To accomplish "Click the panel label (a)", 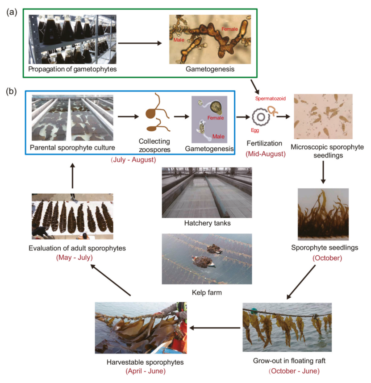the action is [12, 12].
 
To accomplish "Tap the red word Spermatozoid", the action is [271, 99].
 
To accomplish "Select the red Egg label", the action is [255, 130].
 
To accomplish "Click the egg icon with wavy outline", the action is [261, 117].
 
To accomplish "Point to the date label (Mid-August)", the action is [266, 154].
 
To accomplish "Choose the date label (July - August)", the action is [133, 160].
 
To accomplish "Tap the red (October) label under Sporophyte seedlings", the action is [327, 258].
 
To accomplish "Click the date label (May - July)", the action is [75, 258].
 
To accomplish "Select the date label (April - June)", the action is [146, 371].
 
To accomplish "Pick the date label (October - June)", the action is [294, 371].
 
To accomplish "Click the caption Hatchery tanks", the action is [207, 223].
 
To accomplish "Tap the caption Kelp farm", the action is [207, 292].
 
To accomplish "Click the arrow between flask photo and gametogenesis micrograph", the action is [140, 43].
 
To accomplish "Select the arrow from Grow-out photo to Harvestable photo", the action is [215, 328].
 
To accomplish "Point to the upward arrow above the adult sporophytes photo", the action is [72, 176].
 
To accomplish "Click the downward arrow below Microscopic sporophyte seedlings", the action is [323, 172].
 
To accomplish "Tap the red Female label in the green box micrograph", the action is [229, 29].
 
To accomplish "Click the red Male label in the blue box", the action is [218, 136].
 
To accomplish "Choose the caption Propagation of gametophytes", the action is [72, 69].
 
